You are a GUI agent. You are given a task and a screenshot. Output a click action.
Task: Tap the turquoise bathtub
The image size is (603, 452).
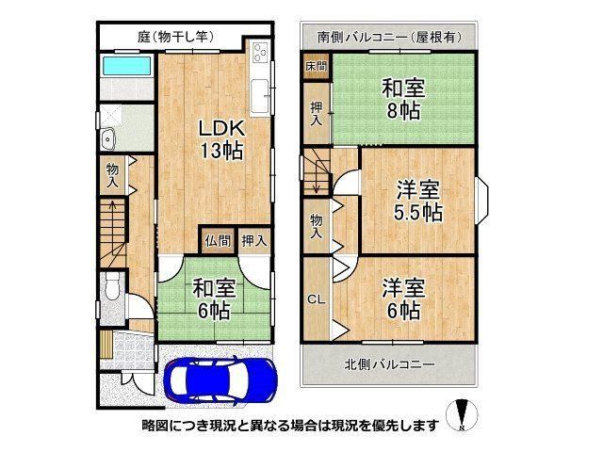[126, 66]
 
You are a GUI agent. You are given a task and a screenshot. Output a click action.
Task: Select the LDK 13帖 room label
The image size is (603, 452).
[221, 139]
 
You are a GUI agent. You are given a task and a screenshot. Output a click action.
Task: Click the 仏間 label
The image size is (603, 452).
[218, 241]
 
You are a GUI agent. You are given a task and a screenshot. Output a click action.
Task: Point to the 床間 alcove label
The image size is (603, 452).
[317, 66]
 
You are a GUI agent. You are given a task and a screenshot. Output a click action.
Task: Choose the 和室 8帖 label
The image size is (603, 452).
[403, 99]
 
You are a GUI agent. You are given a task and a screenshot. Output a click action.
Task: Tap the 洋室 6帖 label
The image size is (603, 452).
[403, 299]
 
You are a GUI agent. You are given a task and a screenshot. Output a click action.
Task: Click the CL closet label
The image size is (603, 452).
[317, 299]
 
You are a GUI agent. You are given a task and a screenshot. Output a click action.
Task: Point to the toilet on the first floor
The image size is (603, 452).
[112, 286]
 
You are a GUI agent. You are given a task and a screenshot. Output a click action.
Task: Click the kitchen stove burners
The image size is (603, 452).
[260, 53]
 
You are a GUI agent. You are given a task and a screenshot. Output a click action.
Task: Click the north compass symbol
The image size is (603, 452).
[462, 415]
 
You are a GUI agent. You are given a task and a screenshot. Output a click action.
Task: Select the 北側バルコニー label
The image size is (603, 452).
[389, 363]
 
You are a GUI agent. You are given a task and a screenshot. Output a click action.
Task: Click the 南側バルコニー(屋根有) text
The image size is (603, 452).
[389, 37]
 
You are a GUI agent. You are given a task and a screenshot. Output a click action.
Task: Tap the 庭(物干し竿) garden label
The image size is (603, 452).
[175, 37]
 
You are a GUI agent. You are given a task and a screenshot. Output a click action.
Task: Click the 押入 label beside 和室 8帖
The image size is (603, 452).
[317, 114]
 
